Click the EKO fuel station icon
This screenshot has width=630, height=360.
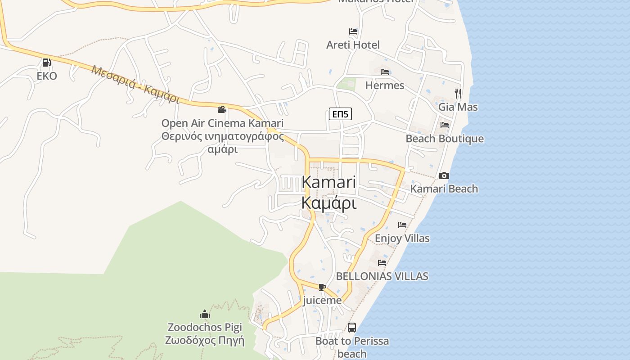tap(46, 63)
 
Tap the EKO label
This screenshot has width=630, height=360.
tap(47, 76)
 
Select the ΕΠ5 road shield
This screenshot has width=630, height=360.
tap(340, 114)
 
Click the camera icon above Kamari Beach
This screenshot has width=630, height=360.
tap(444, 175)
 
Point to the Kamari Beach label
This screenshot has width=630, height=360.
tap(444, 189)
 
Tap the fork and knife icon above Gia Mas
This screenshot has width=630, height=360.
tap(458, 94)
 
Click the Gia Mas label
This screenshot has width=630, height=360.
tap(458, 107)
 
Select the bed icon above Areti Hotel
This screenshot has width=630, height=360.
tap(353, 31)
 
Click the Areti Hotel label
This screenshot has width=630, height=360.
tap(353, 45)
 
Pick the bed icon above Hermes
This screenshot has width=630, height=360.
tap(385, 72)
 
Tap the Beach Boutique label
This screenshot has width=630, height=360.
tap(445, 139)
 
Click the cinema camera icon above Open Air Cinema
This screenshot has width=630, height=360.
tap(222, 109)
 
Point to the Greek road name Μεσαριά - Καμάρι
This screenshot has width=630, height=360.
tap(135, 84)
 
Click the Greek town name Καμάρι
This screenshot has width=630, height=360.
tap(329, 203)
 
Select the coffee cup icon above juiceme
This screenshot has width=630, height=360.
tap(322, 287)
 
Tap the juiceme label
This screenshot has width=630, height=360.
tap(322, 300)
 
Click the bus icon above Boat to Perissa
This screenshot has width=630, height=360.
tap(352, 328)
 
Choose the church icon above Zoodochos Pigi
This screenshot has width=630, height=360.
tap(205, 314)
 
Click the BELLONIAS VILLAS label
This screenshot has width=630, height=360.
tap(382, 276)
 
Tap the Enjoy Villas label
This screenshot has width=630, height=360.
tap(402, 238)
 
